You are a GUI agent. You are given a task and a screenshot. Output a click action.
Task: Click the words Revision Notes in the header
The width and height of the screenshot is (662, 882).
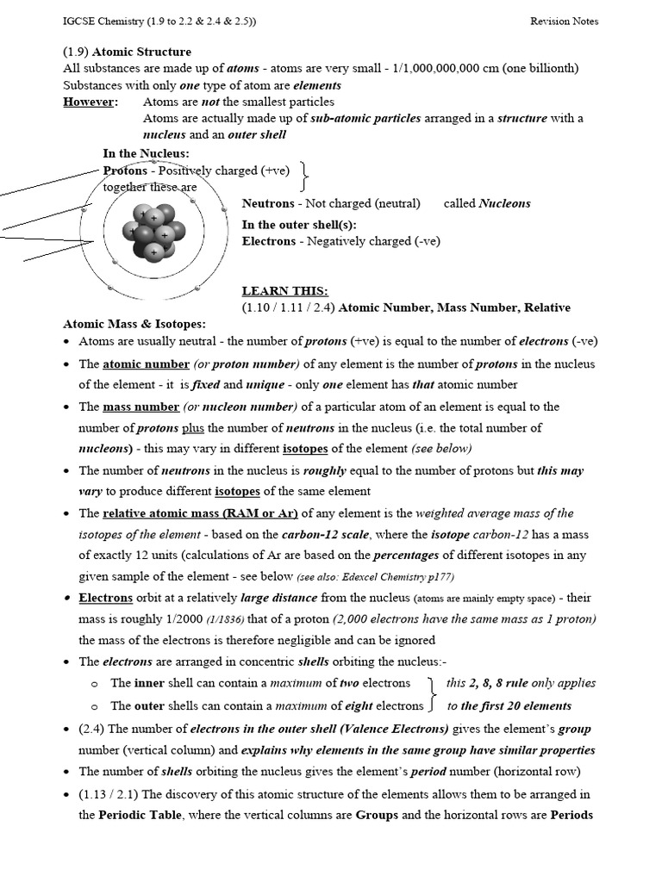point(564,21)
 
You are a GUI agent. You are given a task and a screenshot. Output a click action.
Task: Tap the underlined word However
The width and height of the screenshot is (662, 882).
point(90,102)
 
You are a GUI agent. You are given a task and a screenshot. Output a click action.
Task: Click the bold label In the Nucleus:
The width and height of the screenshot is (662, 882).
point(146,153)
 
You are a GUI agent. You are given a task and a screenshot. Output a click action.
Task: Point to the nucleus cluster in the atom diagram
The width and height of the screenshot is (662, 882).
point(153,231)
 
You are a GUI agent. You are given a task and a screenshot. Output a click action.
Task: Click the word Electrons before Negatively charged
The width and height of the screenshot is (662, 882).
point(269,241)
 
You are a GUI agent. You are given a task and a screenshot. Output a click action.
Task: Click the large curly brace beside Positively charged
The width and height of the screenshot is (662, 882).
point(305,177)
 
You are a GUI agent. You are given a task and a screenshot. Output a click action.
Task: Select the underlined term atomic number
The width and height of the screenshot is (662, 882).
point(140,364)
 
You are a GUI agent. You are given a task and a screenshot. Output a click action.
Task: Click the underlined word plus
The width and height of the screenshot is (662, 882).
point(192,428)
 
